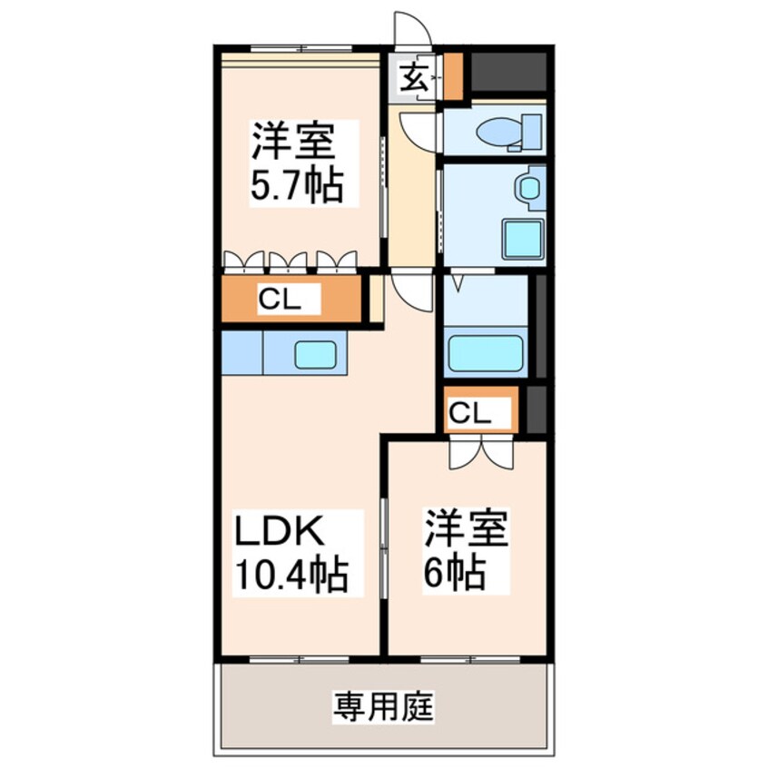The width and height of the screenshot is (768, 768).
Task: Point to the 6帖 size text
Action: pyautogui.click(x=451, y=572)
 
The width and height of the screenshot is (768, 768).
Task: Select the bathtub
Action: pyautogui.click(x=485, y=353)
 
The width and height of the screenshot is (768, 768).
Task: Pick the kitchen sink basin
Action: pyautogui.click(x=315, y=354)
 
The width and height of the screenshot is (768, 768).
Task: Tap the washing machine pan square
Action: pyautogui.click(x=523, y=239)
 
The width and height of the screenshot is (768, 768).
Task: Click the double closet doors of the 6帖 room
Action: pyautogui.click(x=481, y=451)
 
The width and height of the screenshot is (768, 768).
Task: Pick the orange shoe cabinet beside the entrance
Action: pyautogui.click(x=452, y=78)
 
